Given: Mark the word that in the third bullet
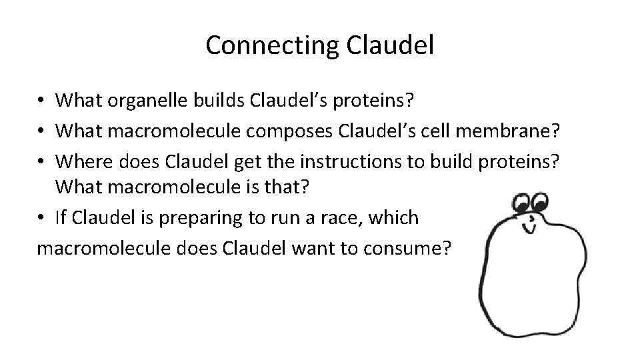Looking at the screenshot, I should pos(289,187).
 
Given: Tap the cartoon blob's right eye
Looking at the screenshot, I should pos(539,201).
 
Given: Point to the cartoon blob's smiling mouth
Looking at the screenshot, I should pos(533,229).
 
